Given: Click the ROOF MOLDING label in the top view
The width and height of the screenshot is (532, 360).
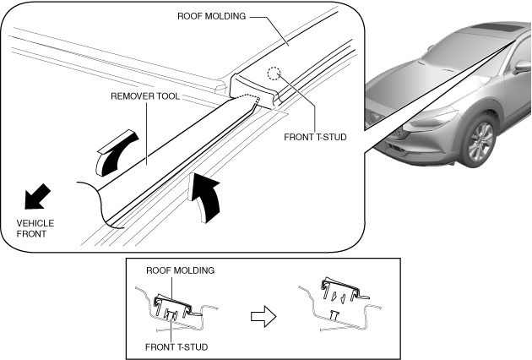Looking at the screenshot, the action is [212, 16].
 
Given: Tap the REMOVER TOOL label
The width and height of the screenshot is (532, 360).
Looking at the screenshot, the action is [145, 96].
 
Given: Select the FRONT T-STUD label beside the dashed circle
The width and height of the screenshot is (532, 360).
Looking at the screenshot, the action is [315, 137].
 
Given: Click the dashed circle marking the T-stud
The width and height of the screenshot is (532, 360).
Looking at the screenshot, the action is [274, 74].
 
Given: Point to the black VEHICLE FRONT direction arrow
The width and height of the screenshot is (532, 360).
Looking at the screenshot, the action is [37, 196].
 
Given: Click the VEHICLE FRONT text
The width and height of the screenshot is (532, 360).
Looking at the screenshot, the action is [35, 228].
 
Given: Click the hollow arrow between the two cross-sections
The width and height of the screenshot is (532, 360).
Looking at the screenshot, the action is [263, 317].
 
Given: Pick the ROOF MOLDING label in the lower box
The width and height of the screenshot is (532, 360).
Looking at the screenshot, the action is [180, 270].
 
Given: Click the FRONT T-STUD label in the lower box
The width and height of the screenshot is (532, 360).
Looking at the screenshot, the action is [176, 347].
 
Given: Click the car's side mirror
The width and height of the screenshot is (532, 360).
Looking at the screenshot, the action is [522, 66].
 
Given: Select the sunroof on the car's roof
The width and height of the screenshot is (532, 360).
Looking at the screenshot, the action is [498, 28].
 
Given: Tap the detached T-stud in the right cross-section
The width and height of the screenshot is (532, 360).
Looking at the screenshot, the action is [334, 315].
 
